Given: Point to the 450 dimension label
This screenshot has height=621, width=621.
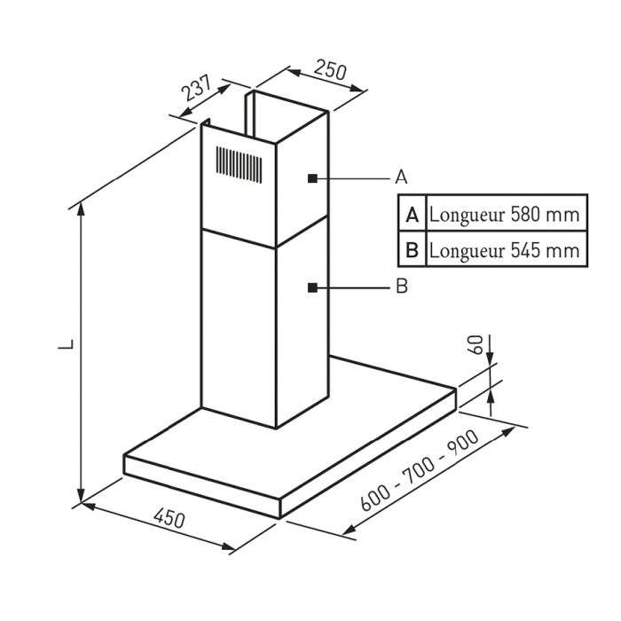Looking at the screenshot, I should [169, 517].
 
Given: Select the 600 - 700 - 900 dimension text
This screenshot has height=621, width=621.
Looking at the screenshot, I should [421, 471].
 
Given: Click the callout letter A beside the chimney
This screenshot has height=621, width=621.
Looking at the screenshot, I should [401, 177].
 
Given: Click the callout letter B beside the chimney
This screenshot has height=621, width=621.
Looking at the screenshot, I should [401, 287].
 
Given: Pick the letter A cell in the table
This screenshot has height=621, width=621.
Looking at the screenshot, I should [412, 215].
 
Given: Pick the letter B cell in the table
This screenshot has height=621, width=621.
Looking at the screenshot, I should [412, 249].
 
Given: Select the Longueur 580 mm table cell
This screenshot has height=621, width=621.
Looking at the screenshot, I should [504, 215].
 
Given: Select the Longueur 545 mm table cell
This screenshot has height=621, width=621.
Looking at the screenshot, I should [504, 249].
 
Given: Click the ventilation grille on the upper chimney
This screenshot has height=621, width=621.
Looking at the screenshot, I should [239, 163].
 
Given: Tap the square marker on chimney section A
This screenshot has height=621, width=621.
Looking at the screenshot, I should [312, 178].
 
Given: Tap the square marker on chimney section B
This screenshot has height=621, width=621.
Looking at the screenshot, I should [312, 287].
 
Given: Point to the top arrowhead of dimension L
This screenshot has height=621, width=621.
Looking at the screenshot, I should [82, 208].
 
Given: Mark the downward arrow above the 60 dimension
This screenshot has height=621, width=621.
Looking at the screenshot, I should [490, 355].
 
